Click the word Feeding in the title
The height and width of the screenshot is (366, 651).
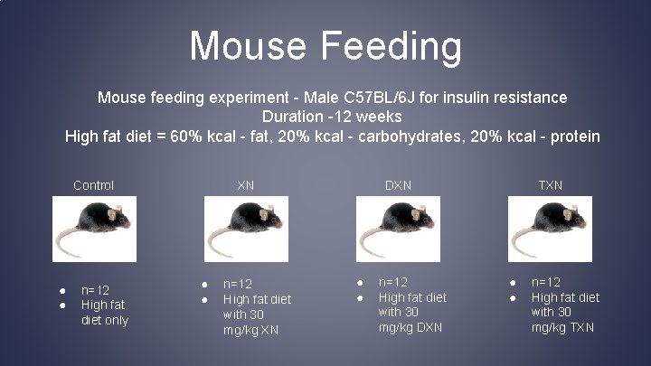click(x=391, y=45)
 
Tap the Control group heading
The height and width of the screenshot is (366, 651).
click(x=93, y=185)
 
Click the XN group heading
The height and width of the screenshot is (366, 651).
click(x=245, y=185)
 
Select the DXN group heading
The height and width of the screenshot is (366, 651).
click(x=398, y=185)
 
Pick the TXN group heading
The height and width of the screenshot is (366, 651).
click(x=550, y=185)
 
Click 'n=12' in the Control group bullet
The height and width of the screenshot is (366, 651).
click(x=95, y=290)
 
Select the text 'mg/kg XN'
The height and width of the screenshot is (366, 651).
click(x=250, y=330)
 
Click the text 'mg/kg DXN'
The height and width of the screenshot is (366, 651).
click(x=410, y=327)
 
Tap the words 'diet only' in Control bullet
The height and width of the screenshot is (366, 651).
click(x=105, y=320)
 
